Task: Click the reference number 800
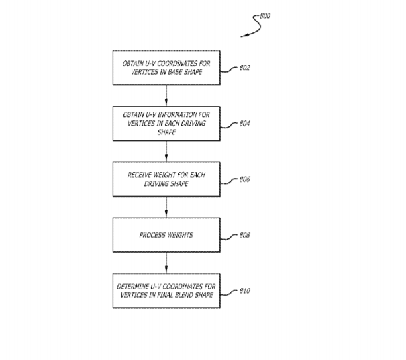265,16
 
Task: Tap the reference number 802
244,67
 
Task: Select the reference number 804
244,123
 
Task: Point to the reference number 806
244,179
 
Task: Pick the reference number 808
244,235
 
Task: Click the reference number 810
244,291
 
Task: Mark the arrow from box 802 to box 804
166,95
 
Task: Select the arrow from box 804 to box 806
166,152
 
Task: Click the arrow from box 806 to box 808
166,207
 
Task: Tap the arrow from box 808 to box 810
166,263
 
